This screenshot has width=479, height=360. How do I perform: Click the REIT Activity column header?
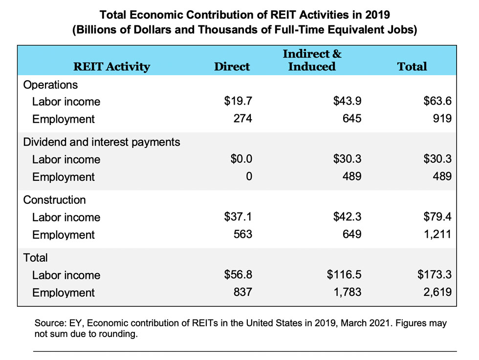(111, 66)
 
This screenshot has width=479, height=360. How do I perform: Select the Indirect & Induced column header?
(312, 60)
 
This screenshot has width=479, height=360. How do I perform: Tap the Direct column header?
(232, 66)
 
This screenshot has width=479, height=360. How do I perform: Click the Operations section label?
(50, 85)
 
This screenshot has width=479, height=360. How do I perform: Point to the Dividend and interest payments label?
(102, 142)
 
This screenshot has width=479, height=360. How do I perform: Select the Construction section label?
(54, 200)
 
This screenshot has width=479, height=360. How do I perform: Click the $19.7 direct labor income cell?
(238, 101)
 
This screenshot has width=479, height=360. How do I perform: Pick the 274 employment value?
(243, 119)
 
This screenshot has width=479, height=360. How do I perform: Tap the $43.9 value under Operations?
(347, 101)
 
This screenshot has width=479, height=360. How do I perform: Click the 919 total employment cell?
(441, 119)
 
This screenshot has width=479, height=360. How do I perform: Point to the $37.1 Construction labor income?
(238, 217)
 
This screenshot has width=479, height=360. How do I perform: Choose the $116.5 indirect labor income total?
(344, 275)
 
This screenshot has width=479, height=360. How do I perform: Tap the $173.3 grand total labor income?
(434, 275)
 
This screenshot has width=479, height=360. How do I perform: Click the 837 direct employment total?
(243, 292)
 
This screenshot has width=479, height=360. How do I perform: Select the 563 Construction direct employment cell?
(243, 234)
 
